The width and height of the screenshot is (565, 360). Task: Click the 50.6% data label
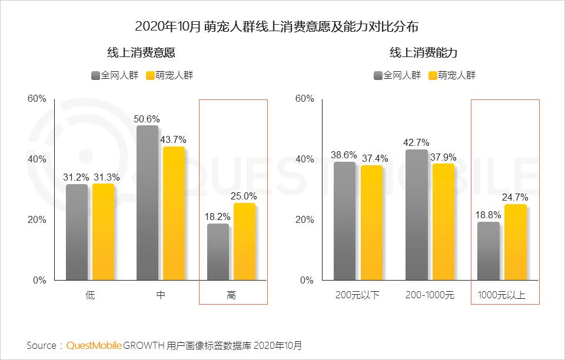coord(147,119)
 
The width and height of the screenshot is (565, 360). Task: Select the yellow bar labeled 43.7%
coord(174,213)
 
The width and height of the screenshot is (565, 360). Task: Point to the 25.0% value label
coord(245,196)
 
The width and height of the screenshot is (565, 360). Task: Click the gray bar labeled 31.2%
coord(77,232)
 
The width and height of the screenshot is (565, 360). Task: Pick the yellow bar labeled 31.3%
coord(103,232)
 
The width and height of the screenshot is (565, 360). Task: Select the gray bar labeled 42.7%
coord(417,215)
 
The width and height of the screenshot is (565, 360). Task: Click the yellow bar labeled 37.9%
coord(443,222)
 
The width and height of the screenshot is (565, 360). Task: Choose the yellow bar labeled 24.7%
coord(515,242)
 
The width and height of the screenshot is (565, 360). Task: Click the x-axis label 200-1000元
coord(430,295)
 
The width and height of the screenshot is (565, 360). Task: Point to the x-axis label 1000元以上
coord(501,295)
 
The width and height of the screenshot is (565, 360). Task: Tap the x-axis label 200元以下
coord(358,295)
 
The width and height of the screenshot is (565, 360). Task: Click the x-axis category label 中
coord(161,295)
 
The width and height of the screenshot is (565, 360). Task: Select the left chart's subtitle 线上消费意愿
coord(141,53)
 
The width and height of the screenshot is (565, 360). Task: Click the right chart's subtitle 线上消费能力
coord(424,53)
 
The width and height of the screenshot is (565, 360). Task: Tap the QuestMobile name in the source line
coord(94,345)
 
